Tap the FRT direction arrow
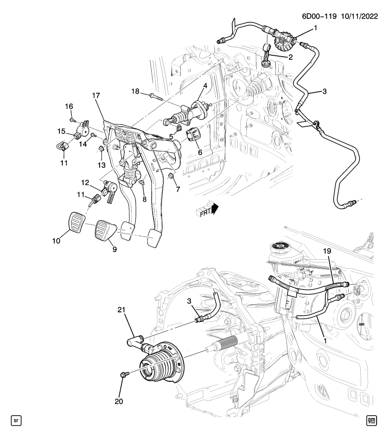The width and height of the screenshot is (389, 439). [x=208, y=209]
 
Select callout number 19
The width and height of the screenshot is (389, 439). [x=328, y=251]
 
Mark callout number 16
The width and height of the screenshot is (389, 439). [x=69, y=107]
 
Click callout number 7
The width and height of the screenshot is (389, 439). [x=172, y=189]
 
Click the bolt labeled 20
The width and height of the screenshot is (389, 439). [x=123, y=375]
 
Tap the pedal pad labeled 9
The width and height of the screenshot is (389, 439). [x=105, y=232]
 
